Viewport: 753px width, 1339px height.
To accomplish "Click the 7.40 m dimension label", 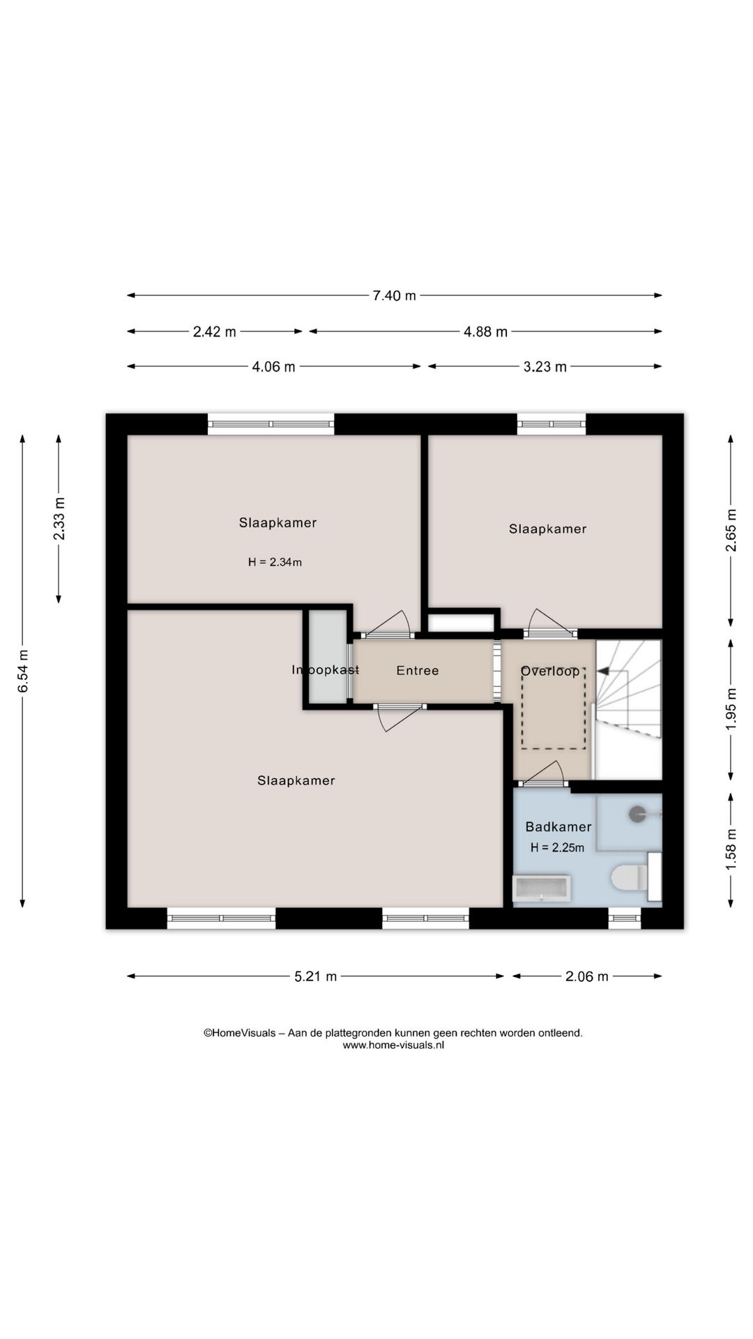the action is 394,296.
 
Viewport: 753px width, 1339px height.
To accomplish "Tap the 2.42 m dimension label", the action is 215,332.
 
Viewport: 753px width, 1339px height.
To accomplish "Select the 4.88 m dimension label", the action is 486,332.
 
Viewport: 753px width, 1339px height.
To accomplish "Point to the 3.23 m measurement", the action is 545,367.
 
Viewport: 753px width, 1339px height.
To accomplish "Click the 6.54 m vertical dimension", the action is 23,671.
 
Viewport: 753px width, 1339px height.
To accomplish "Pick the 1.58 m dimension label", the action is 731,849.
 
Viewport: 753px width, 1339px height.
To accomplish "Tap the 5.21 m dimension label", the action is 316,976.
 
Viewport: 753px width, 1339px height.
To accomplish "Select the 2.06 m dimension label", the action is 587,976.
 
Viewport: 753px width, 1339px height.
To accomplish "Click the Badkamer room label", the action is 558,826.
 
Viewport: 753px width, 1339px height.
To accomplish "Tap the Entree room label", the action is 418,670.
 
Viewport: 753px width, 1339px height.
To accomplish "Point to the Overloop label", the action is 550,671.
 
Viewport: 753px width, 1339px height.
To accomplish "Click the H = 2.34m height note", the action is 275,562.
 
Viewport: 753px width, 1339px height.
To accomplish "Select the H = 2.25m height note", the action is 557,848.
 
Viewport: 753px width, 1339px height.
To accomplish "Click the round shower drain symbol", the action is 637,814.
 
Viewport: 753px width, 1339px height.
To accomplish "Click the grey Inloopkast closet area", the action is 328,657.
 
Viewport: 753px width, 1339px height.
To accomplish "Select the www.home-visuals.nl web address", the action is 393,1045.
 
